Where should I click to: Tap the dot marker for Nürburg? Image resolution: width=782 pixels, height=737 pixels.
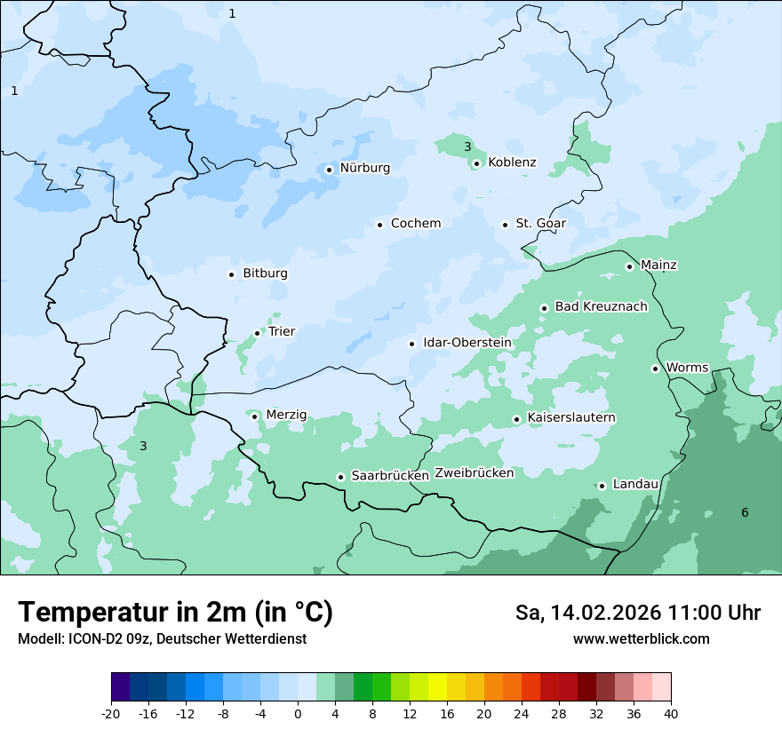point(329,169)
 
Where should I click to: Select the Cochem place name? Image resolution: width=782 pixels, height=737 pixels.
point(415,224)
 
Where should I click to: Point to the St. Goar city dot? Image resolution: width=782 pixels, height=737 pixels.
point(505,225)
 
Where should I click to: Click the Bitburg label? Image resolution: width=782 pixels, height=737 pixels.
point(265,273)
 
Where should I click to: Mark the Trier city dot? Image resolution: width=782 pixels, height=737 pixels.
point(258,333)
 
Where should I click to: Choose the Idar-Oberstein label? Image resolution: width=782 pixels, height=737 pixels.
point(467,343)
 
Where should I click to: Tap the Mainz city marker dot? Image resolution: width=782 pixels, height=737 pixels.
point(629,266)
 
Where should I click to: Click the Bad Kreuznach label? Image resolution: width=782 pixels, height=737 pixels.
point(601,307)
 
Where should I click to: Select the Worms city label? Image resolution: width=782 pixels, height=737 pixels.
point(687,368)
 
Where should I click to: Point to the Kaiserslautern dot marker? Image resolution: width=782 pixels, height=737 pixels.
point(516,419)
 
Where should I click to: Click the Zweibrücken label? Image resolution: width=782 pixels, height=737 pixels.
point(474,473)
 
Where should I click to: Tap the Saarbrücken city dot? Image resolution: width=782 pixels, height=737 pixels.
point(340,477)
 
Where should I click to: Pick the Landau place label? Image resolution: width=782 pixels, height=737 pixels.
point(635,485)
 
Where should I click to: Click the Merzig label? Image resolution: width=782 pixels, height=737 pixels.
point(286,415)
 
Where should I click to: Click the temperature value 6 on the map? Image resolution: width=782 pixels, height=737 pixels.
point(745,512)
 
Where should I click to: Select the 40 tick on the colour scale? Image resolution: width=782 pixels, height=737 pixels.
point(671,713)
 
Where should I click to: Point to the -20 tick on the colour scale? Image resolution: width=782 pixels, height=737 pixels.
point(111,713)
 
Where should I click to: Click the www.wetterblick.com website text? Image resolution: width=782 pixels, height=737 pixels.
point(641,639)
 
